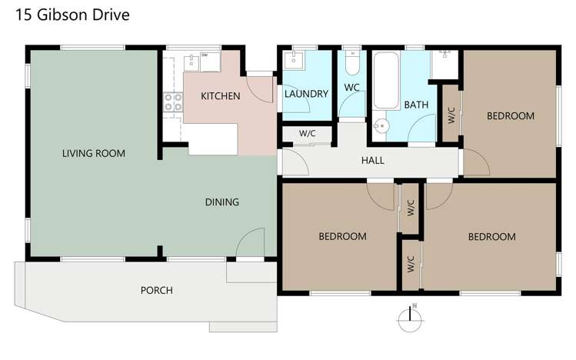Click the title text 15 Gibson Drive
click(x=67, y=15)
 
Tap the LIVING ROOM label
click(x=94, y=153)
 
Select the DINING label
click(x=221, y=202)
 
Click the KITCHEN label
click(x=221, y=96)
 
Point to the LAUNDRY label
click(x=306, y=94)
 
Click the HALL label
click(x=372, y=161)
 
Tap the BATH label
click(x=416, y=105)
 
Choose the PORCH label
click(x=156, y=290)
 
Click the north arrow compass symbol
click(x=410, y=318)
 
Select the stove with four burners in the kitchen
click(x=172, y=102)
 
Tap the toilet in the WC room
click(x=351, y=58)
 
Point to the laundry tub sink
click(x=295, y=61)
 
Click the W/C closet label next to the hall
click(x=308, y=133)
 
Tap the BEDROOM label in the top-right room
click(x=511, y=116)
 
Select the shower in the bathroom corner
click(x=444, y=63)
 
